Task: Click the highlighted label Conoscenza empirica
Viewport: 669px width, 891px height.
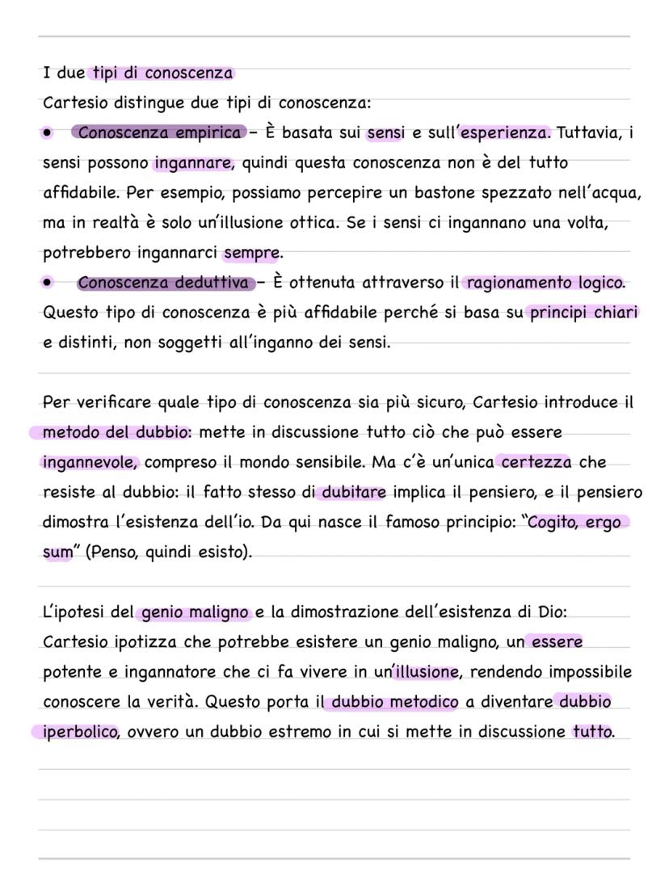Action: pyautogui.click(x=160, y=132)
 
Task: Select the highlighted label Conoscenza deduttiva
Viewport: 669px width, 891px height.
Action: pyautogui.click(x=163, y=283)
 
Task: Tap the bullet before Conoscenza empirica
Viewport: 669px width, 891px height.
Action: pyautogui.click(x=48, y=132)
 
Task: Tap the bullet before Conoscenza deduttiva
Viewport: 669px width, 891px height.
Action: pyautogui.click(x=48, y=283)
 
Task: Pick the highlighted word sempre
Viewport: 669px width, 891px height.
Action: pyautogui.click(x=251, y=253)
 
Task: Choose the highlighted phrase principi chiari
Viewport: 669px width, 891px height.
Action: pyautogui.click(x=583, y=313)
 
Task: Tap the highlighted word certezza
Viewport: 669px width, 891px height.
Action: pyautogui.click(x=536, y=463)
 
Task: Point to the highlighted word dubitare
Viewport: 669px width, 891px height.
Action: pyautogui.click(x=354, y=493)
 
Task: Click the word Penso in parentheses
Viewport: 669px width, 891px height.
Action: pyautogui.click(x=115, y=553)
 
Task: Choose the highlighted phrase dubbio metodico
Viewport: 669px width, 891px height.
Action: pyautogui.click(x=395, y=702)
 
